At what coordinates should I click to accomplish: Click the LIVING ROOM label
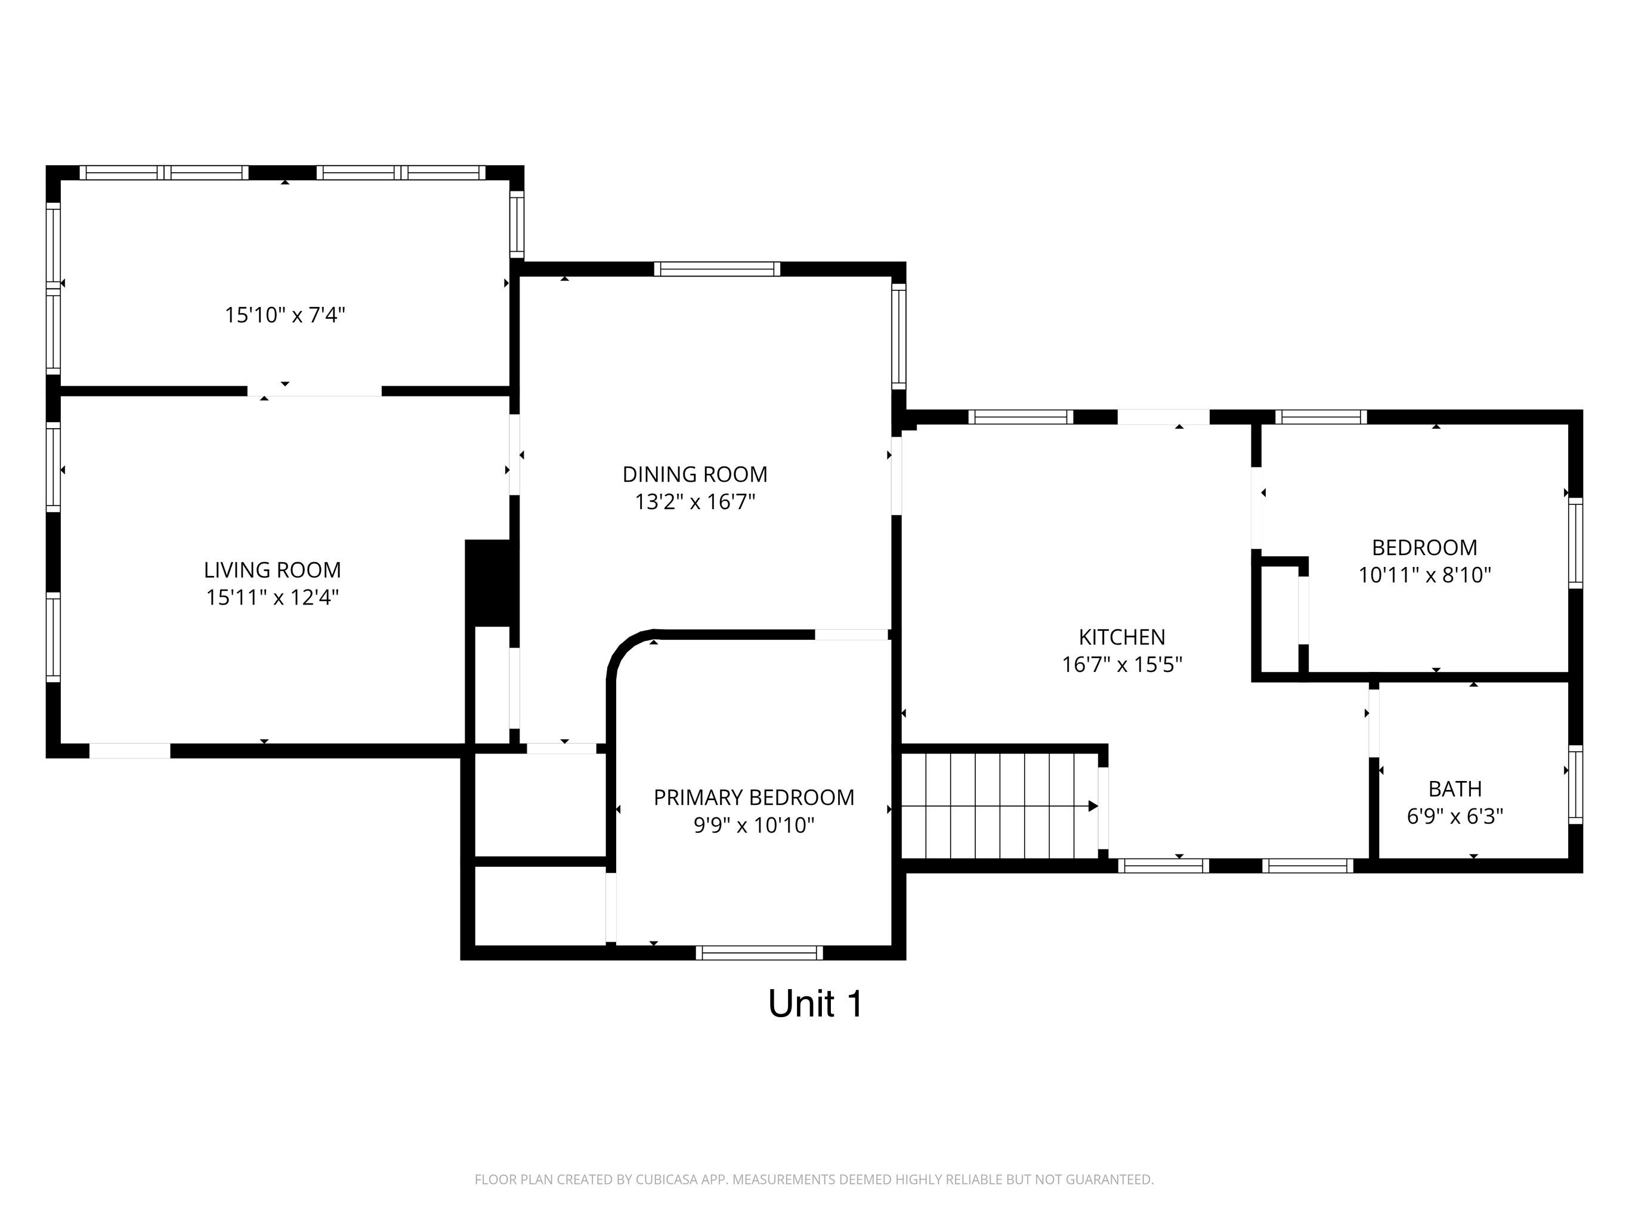tap(273, 569)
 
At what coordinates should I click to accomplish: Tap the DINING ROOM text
tap(694, 474)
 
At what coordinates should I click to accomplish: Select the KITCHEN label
tap(1121, 637)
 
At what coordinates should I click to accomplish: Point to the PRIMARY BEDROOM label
tap(753, 797)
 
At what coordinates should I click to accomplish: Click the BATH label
tap(1454, 788)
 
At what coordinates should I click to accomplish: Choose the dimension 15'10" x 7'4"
tap(285, 315)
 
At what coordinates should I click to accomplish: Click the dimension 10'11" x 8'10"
tap(1424, 575)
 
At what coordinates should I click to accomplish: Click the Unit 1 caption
tap(815, 1003)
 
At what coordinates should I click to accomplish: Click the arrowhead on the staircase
tap(1093, 806)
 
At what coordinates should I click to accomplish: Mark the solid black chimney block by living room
tap(487, 583)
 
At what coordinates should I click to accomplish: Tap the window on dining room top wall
tap(716, 269)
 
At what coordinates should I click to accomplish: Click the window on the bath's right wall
tap(1575, 785)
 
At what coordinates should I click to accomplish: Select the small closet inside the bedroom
tap(1280, 618)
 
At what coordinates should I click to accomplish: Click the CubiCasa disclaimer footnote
tap(814, 1179)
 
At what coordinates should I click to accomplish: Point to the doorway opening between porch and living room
tap(314, 391)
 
